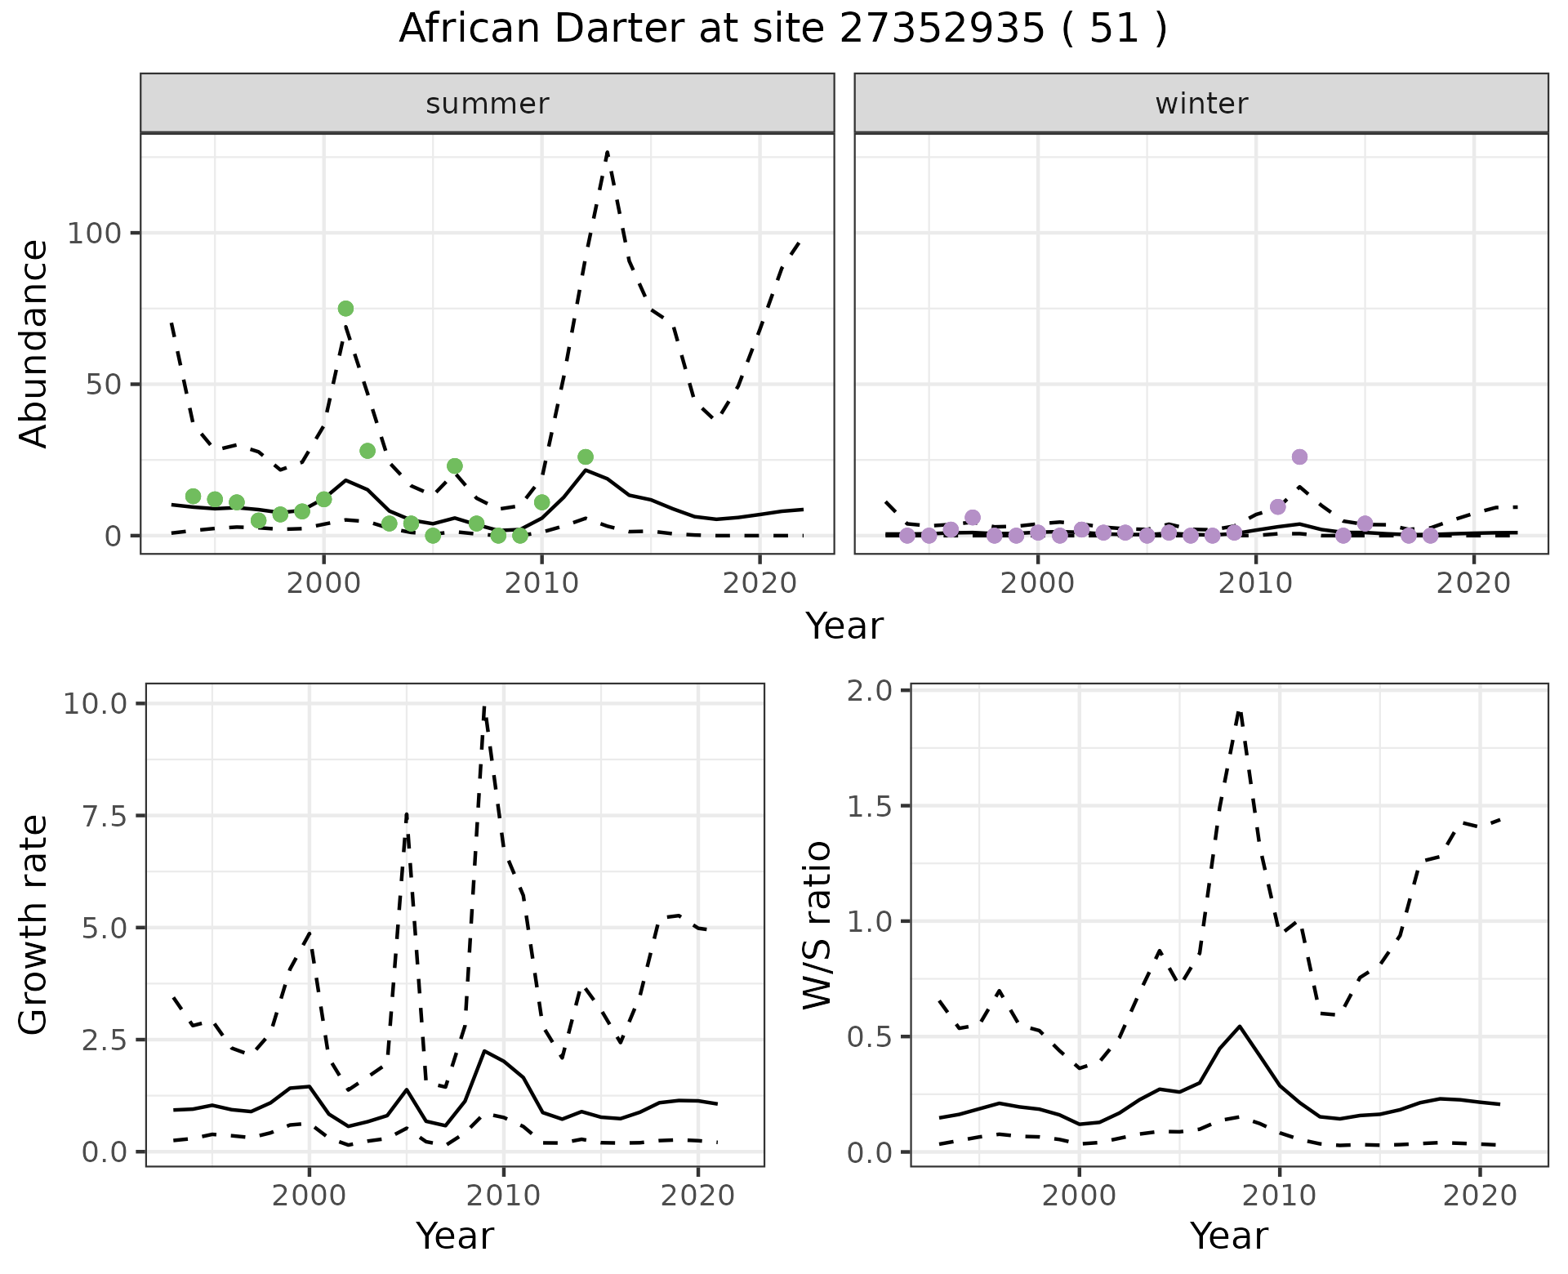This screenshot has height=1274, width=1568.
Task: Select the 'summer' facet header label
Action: click(487, 104)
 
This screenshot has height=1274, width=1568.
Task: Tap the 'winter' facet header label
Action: click(1200, 104)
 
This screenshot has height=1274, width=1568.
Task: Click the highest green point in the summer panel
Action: click(345, 308)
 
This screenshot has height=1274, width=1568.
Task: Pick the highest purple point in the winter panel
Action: click(1299, 457)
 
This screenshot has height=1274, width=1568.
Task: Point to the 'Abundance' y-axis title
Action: click(34, 343)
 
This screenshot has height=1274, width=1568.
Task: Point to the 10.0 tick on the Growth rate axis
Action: click(94, 704)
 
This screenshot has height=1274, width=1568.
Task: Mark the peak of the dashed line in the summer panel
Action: click(607, 152)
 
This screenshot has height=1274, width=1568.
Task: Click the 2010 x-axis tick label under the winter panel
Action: click(1255, 585)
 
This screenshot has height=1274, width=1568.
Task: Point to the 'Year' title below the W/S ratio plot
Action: click(1228, 1236)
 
